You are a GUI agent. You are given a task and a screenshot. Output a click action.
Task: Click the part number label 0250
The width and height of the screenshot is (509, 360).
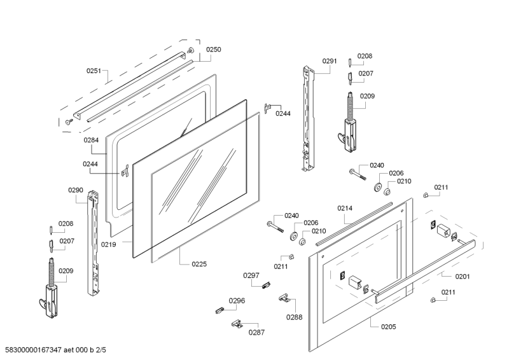pyautogui.click(x=213, y=49)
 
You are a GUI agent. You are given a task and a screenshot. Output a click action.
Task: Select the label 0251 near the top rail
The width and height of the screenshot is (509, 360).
pyautogui.click(x=94, y=71)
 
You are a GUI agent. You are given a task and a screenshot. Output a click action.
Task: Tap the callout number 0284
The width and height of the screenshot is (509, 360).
pyautogui.click(x=90, y=139)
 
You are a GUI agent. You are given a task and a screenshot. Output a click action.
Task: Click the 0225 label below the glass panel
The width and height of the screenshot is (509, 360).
pyautogui.click(x=199, y=264)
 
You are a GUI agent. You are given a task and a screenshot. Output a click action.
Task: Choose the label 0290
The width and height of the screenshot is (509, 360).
pyautogui.click(x=76, y=190)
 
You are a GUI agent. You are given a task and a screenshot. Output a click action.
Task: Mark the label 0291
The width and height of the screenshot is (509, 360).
pyautogui.click(x=330, y=61)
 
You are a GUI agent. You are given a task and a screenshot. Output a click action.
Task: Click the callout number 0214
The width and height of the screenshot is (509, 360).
pyautogui.click(x=345, y=208)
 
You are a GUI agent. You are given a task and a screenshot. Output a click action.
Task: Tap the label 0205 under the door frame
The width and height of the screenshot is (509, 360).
pyautogui.click(x=388, y=326)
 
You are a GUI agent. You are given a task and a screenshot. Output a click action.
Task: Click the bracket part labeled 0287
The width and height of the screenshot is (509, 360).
pyautogui.click(x=237, y=324)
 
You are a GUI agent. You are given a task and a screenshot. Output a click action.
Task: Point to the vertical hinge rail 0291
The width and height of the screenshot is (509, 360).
pyautogui.click(x=308, y=118)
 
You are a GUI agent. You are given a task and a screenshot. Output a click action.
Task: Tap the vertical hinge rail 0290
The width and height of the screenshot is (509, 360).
pyautogui.click(x=94, y=245)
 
